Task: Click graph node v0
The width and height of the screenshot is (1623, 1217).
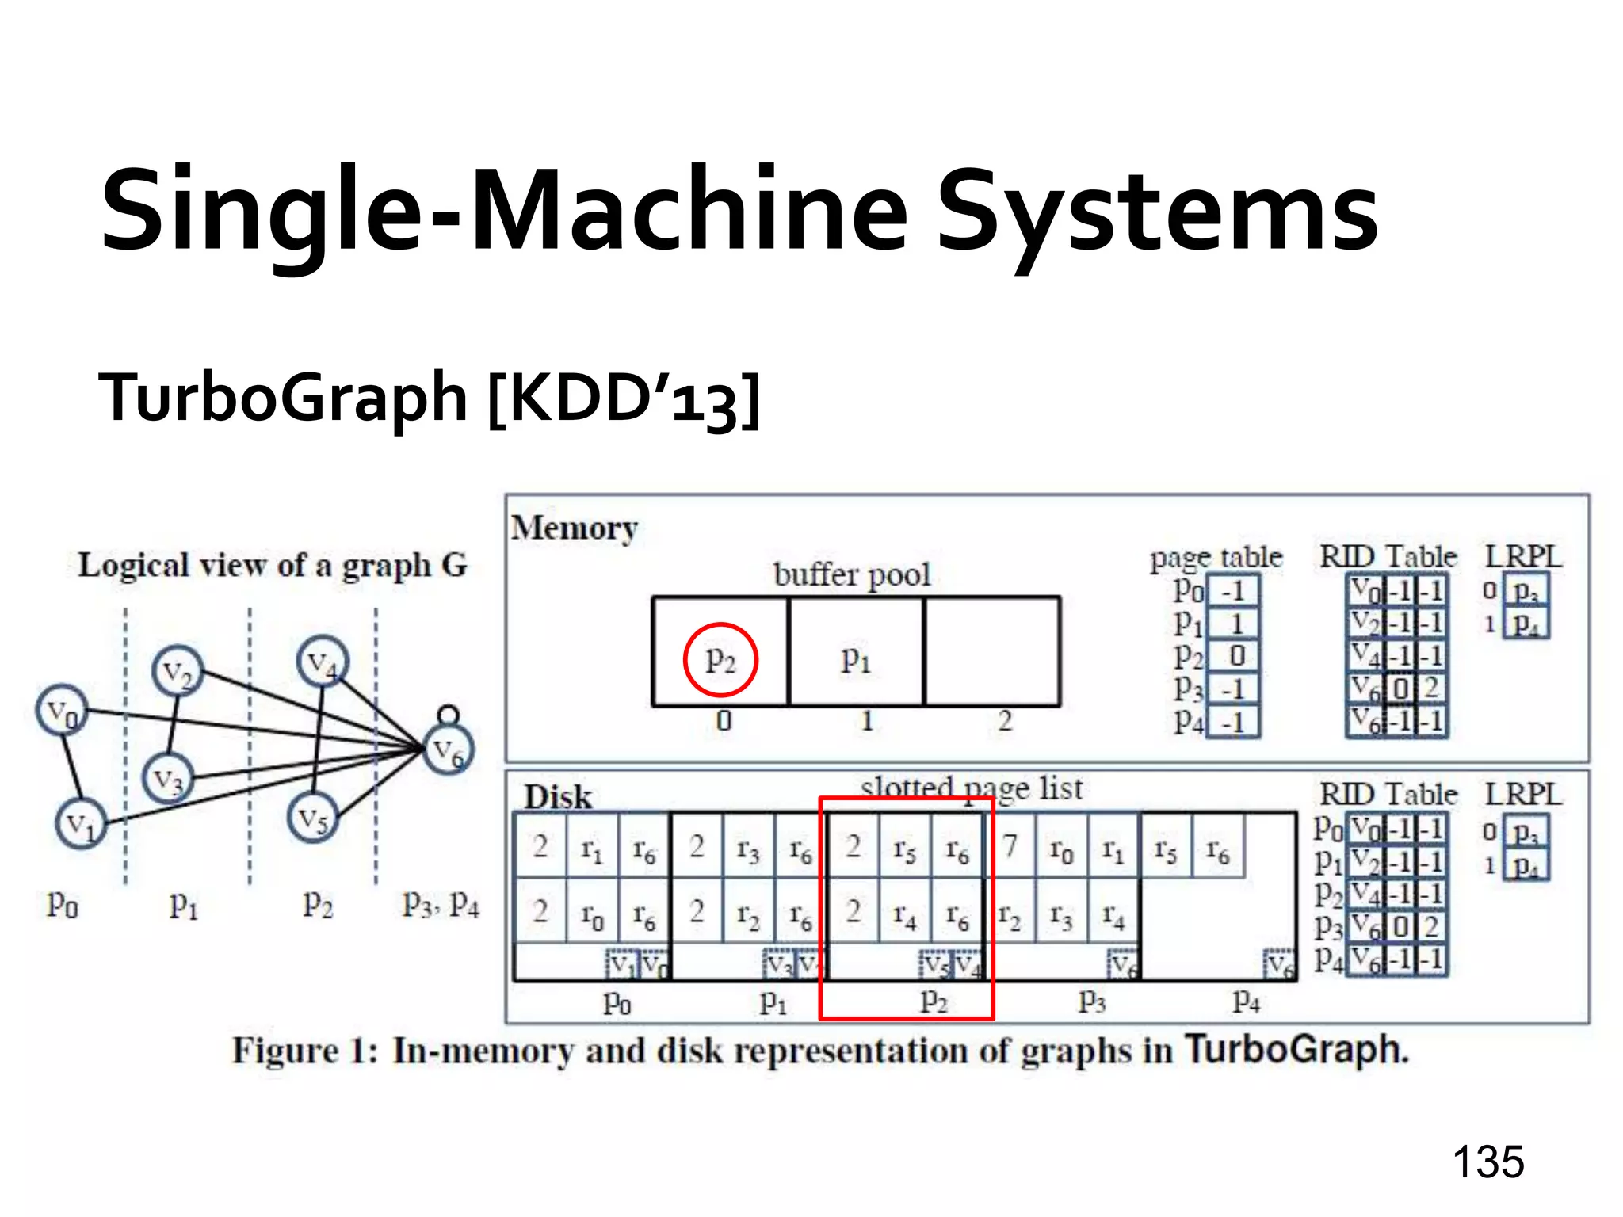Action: (x=62, y=711)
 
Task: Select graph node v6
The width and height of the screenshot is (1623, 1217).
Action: (x=448, y=750)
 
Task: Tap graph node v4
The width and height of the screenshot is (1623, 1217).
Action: (x=323, y=662)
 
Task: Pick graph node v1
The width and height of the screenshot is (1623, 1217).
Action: (x=81, y=825)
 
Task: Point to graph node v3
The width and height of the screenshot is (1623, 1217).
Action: (x=167, y=779)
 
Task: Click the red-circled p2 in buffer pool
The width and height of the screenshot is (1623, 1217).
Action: (x=720, y=659)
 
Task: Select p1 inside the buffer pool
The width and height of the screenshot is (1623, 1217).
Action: (x=856, y=659)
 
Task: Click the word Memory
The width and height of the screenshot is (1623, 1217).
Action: (x=575, y=528)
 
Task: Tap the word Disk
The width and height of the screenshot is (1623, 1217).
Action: (x=558, y=796)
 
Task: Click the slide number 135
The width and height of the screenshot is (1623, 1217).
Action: (x=1487, y=1162)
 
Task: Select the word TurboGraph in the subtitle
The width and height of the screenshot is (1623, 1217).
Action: (x=283, y=398)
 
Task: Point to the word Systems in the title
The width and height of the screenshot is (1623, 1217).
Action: (x=1157, y=212)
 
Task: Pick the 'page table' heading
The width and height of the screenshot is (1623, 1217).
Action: (x=1216, y=558)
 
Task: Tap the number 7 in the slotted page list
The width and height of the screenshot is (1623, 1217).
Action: (x=1010, y=845)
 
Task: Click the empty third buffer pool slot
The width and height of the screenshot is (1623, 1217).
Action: (x=991, y=651)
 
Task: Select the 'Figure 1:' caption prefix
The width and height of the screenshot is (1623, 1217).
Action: (x=306, y=1051)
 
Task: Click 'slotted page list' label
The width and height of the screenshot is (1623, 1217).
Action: (x=972, y=788)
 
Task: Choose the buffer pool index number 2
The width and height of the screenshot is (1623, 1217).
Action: (x=1005, y=721)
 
